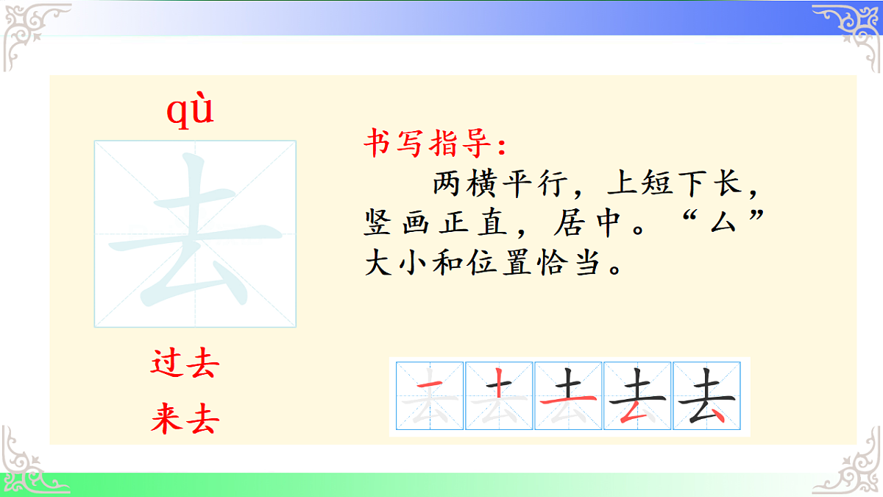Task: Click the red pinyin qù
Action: pos(190,110)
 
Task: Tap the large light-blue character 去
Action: pos(195,233)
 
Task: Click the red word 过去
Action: pos(185,364)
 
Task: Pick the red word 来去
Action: pos(185,420)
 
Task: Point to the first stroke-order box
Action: pos(430,396)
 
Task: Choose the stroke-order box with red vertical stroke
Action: pos(500,396)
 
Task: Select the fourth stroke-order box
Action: pos(638,396)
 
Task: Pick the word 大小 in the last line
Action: pos(400,264)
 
